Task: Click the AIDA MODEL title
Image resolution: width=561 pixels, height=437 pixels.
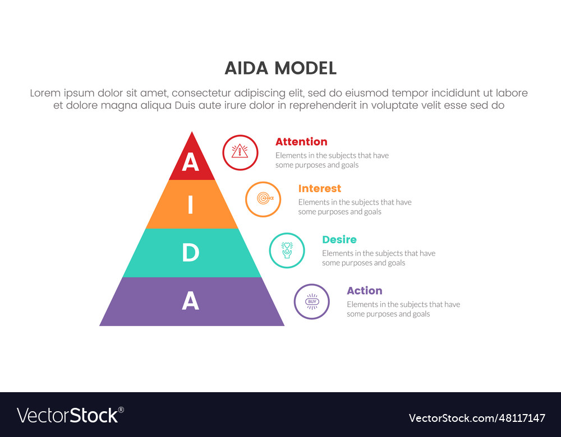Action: [x=280, y=68]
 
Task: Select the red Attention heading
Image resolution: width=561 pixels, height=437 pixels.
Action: [x=301, y=142]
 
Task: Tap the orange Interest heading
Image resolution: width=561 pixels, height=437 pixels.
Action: [x=320, y=188]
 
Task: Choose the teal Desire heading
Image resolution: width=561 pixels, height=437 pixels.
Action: [x=339, y=239]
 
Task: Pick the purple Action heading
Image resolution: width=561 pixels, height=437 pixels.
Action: [x=365, y=291]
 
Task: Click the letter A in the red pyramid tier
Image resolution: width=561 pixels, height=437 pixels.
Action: [x=190, y=162]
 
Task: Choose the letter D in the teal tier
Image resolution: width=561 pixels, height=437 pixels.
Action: [x=190, y=253]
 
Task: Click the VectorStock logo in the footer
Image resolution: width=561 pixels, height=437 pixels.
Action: [x=68, y=416]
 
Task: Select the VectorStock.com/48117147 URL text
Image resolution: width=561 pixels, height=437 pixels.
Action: [x=477, y=418]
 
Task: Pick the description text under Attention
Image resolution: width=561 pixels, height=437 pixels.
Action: [x=332, y=160]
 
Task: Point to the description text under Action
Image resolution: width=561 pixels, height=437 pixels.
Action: [x=403, y=309]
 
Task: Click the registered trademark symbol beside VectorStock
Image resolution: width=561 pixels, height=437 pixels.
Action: [x=121, y=410]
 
